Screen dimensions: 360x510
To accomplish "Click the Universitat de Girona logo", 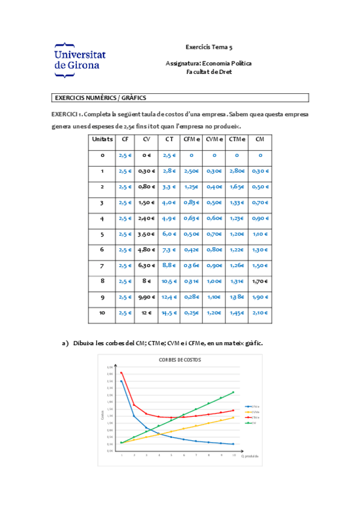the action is coord(80,60).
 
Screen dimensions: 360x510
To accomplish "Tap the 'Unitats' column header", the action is coord(102,139).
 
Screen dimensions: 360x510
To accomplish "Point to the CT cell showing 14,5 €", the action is coord(169,312).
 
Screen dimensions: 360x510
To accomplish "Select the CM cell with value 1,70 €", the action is coord(260,281).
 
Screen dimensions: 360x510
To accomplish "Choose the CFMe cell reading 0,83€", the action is coord(191,202).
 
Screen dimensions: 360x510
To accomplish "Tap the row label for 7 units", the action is coord(102,265).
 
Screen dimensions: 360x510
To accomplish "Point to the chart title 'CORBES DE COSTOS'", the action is coord(180,360).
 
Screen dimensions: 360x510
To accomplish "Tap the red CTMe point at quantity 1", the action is coord(121,373).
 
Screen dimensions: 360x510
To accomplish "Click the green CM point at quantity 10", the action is coord(234,392).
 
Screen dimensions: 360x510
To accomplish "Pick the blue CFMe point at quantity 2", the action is coord(134,416).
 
